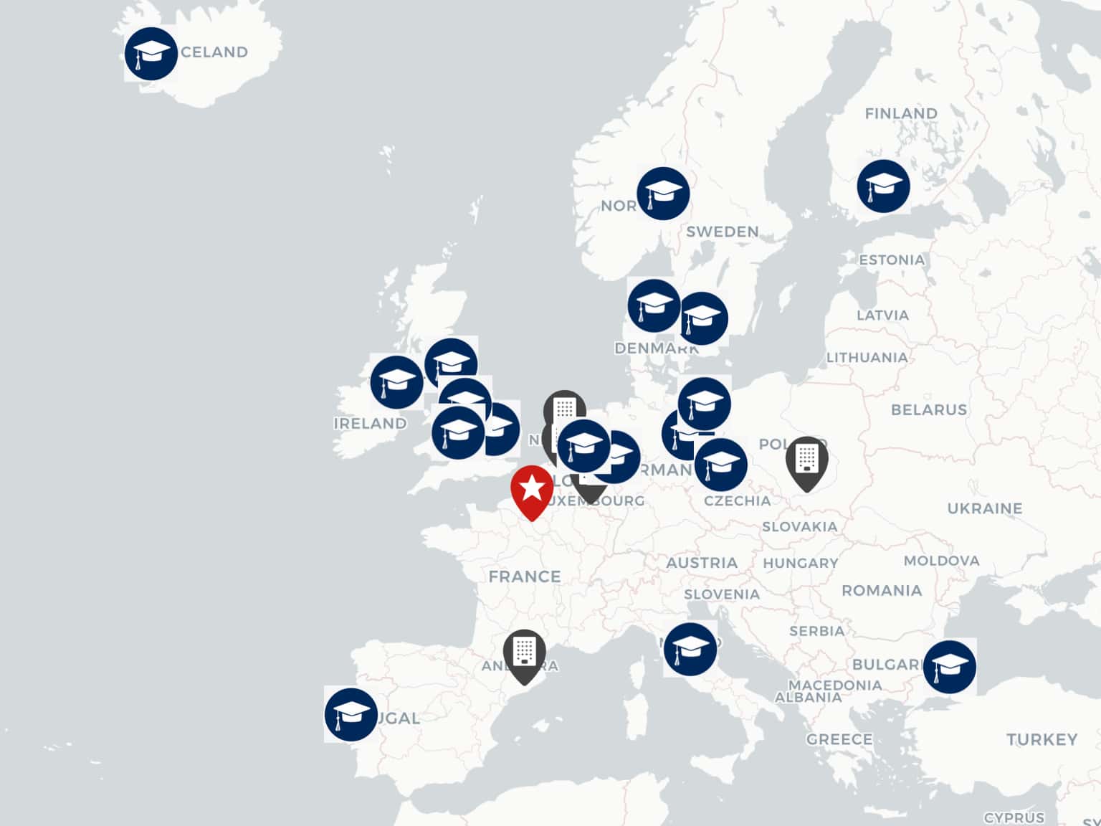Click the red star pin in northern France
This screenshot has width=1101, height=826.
(532, 490)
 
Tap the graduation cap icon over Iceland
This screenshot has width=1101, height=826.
(151, 54)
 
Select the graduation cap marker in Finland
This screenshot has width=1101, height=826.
(884, 186)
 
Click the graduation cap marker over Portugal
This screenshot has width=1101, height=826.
(351, 715)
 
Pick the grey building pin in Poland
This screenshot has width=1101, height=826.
(806, 460)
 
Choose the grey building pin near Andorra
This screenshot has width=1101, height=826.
(524, 653)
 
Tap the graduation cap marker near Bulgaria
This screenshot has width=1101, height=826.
(950, 667)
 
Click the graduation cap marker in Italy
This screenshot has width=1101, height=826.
(690, 649)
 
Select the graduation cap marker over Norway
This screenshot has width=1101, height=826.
(663, 194)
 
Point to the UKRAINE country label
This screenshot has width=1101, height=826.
(985, 509)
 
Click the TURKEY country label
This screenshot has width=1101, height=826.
(1042, 739)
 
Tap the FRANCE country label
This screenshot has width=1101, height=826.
(525, 576)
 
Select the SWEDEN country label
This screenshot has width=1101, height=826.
(722, 232)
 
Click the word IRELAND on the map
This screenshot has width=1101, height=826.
(370, 424)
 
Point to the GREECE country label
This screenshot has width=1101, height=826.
(839, 739)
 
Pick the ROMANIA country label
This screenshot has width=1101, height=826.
(882, 591)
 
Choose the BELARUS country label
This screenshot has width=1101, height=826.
(929, 410)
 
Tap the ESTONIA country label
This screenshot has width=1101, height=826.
(892, 260)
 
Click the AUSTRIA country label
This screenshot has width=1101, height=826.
(702, 563)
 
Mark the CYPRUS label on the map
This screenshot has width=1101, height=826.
(1014, 818)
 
